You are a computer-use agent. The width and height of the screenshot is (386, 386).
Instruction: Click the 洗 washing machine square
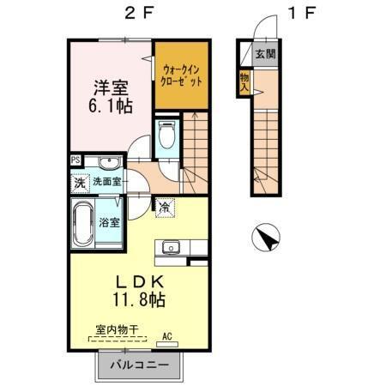(x=79, y=183)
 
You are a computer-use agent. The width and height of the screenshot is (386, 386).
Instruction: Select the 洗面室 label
(x=107, y=183)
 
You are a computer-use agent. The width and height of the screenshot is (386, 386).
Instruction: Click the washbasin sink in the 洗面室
(x=108, y=165)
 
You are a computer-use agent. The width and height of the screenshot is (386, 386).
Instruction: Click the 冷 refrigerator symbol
(x=164, y=206)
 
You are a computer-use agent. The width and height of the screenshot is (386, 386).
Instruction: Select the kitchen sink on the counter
(x=168, y=247)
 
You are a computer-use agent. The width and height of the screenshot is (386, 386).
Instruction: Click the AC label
(x=168, y=335)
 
